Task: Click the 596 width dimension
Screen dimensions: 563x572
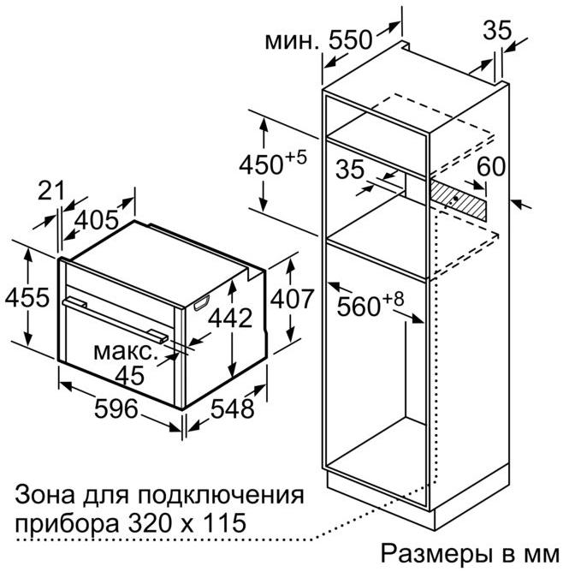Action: pos(116,408)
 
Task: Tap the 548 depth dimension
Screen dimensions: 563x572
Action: pos(233,408)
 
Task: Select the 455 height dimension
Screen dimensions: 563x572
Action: pos(27,297)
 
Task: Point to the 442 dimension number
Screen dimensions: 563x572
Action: pos(230,318)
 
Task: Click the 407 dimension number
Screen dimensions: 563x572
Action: pos(292,299)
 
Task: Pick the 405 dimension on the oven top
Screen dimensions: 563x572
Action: pos(97,220)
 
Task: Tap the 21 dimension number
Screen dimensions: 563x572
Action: pos(50,190)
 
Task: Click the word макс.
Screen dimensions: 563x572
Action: pos(124,352)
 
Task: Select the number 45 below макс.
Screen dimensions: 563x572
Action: pos(130,375)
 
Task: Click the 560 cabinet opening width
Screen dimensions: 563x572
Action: pos(359,306)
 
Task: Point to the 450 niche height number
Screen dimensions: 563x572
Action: pos(261,164)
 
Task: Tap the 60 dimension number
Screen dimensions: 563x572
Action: pos(491,167)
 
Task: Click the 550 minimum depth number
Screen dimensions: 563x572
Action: pos(351,39)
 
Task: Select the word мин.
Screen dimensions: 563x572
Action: pos(292,42)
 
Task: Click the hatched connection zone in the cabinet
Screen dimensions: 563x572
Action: pos(458,200)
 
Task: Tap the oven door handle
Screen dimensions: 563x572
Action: pos(116,319)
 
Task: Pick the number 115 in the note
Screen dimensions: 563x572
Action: pos(224,523)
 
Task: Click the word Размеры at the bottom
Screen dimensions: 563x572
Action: pos(436,554)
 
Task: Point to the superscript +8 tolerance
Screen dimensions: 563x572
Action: pos(394,299)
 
